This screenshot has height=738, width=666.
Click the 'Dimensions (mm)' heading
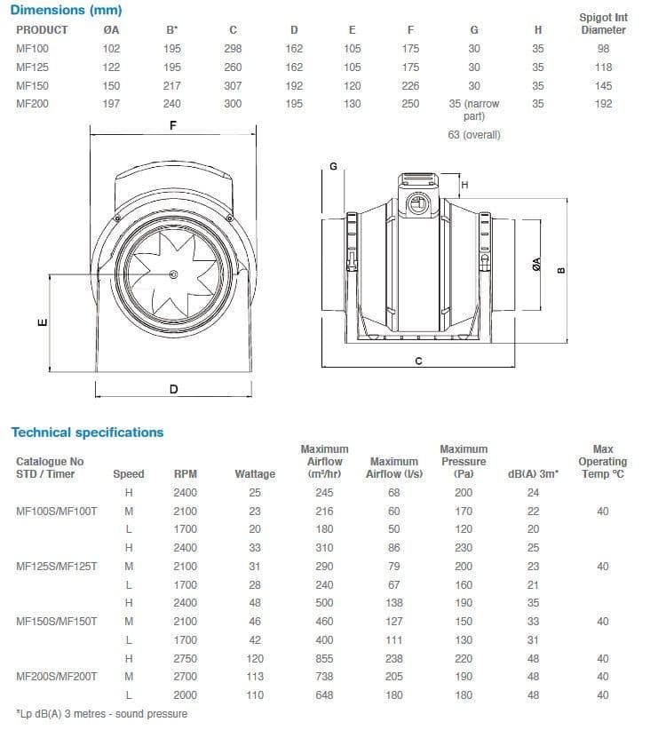(x=67, y=11)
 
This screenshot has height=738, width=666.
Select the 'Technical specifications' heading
(x=87, y=432)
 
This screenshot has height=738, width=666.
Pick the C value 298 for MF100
(x=233, y=49)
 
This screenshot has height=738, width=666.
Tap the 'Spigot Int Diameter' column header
(x=603, y=24)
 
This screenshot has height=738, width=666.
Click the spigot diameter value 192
(x=603, y=104)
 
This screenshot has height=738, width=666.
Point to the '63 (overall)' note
(x=474, y=135)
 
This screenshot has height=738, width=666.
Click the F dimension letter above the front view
(x=173, y=126)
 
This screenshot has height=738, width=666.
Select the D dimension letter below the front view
(x=173, y=389)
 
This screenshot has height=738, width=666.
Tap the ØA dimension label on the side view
(x=535, y=264)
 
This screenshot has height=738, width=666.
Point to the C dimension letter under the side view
(x=418, y=360)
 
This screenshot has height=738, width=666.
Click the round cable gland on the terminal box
(x=417, y=205)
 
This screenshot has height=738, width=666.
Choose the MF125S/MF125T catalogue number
(x=57, y=566)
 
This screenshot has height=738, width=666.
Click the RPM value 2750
(x=186, y=658)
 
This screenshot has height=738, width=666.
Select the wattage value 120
(x=255, y=658)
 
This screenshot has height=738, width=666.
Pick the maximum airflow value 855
(x=324, y=658)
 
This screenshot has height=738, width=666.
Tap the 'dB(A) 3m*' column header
(x=533, y=474)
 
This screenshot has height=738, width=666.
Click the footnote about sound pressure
(x=102, y=713)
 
